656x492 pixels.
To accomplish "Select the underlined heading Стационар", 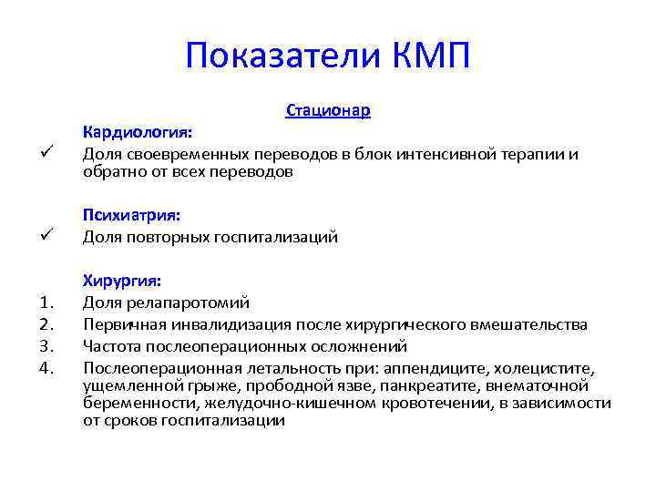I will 328,111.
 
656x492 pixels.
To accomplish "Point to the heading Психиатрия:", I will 132,215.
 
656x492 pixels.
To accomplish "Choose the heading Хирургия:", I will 123,280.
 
